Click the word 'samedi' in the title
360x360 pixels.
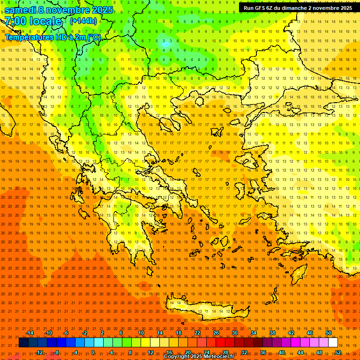point(21,10)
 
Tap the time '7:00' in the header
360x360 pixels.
point(16,21)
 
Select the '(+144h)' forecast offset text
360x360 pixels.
point(83,21)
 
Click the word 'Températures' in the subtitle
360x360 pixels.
point(27,37)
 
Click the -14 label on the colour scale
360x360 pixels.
point(30,333)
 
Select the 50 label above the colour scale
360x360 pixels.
point(329,333)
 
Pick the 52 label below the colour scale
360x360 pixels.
point(338,352)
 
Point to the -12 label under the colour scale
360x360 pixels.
point(39,352)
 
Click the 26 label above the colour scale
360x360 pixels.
point(216,333)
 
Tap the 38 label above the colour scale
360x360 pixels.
point(272,333)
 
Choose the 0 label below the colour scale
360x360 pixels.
point(92,352)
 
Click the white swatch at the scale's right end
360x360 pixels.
point(333,343)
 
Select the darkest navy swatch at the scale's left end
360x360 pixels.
point(23,343)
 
